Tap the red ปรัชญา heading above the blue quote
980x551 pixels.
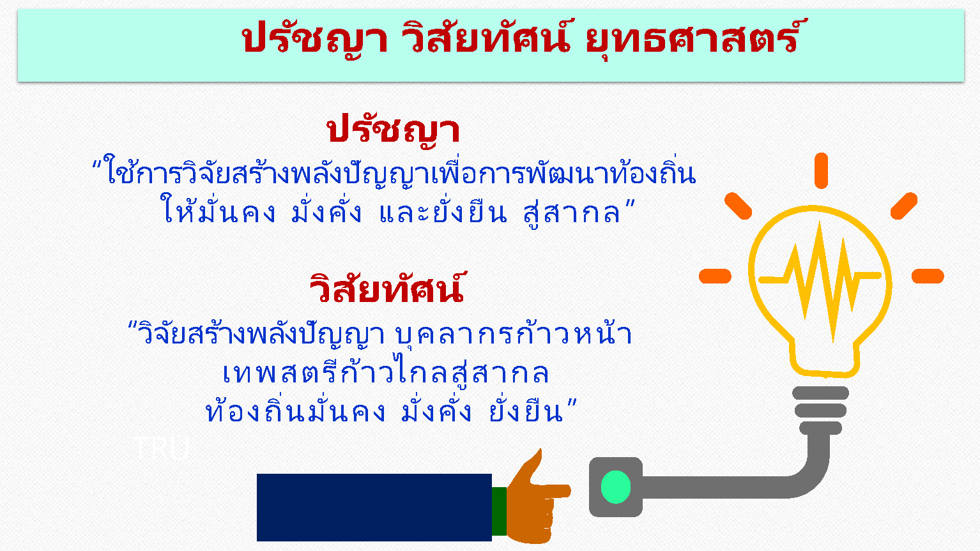(393, 130)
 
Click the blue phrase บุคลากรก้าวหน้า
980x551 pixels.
(514, 334)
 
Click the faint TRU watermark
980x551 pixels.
(162, 448)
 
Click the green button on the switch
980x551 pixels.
(616, 487)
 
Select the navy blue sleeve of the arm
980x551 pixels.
(374, 508)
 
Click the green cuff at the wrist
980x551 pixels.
(499, 511)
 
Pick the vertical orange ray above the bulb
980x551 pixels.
(821, 170)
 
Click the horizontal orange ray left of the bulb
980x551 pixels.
(715, 276)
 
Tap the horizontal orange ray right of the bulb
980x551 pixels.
(928, 276)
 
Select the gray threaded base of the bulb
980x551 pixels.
(821, 410)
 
